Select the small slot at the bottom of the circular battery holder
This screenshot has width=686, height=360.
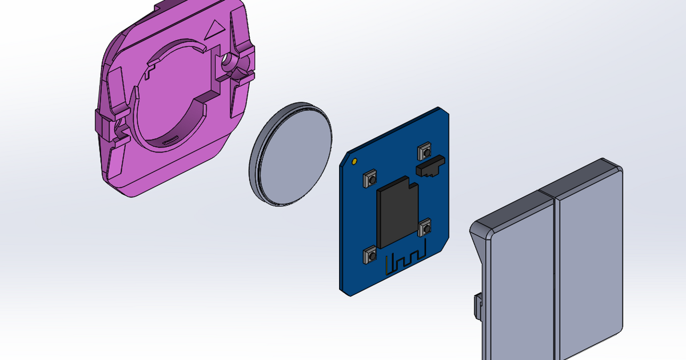170,139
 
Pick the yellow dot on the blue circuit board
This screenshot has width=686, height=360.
356,161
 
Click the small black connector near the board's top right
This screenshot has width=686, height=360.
430,166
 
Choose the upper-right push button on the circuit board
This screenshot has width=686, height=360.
424,151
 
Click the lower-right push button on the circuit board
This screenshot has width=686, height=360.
425,228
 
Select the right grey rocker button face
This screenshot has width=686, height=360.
589,263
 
